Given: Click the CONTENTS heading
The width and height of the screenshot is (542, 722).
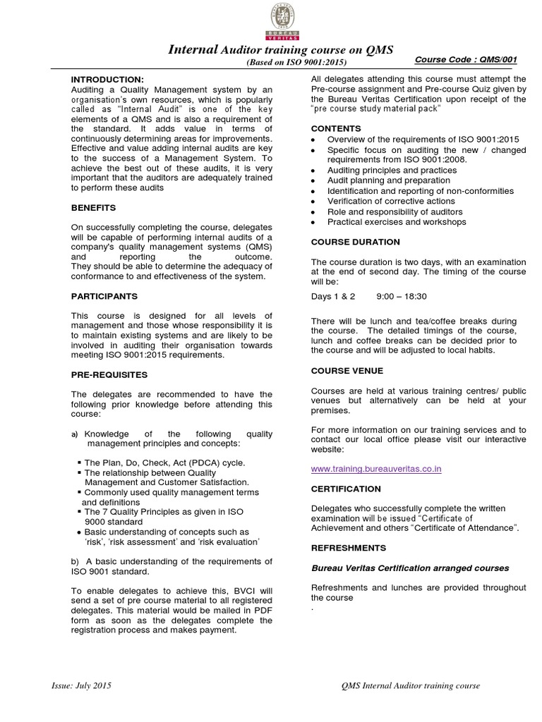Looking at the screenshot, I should point(336,129).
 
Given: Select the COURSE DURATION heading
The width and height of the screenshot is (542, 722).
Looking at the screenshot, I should point(355,242).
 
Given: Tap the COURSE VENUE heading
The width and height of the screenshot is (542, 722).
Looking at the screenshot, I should point(347,370).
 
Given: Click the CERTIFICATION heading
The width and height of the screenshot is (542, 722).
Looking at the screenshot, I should point(346,488).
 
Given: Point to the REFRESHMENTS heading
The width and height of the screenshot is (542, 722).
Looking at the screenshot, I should point(349,547).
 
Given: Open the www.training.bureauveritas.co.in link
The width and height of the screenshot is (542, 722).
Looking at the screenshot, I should point(376,469).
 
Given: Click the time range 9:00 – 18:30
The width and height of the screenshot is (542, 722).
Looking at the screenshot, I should point(402,297).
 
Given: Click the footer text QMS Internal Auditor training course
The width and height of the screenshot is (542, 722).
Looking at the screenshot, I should point(410,685).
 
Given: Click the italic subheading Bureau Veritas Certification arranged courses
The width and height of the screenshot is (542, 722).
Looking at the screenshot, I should point(410,568).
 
